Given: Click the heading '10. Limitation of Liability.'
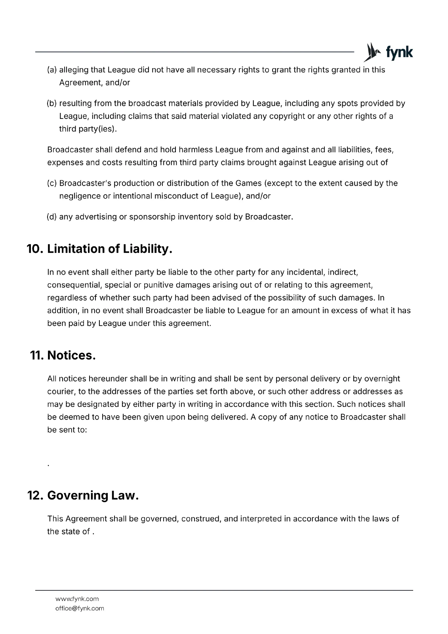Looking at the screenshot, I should tap(99, 249).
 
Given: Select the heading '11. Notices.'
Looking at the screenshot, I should tap(63, 355).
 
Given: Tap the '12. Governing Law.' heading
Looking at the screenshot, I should tap(83, 495).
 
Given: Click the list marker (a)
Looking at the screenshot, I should tap(51, 70).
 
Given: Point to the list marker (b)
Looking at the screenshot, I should tap(51, 103).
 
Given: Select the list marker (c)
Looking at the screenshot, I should tap(51, 183).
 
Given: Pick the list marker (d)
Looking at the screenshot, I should tap(51, 217).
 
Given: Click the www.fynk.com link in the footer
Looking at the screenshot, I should tap(77, 599).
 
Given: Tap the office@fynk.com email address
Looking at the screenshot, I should tap(80, 608).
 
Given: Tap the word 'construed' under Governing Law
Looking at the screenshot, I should tap(200, 519).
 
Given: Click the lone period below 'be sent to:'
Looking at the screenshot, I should tap(48, 465).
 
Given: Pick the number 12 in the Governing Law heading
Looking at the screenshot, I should tap(35, 495).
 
